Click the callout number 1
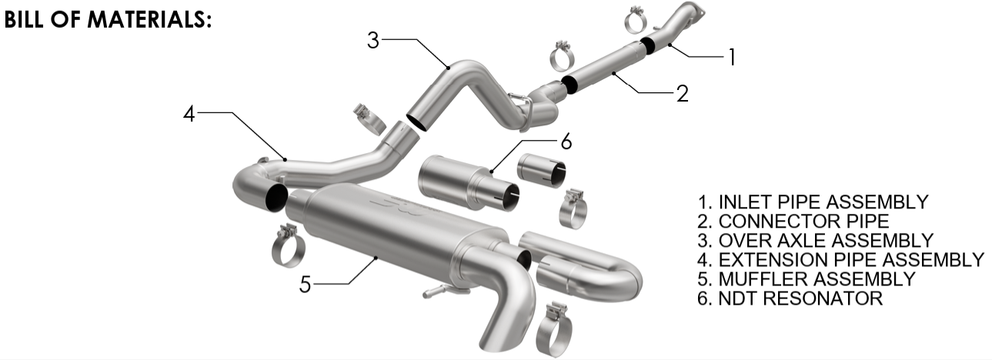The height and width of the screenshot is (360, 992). [x=733, y=57]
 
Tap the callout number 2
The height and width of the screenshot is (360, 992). [x=683, y=93]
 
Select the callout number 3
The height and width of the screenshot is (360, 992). [x=373, y=40]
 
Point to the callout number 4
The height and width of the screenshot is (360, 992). [x=189, y=113]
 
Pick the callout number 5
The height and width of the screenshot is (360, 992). [x=305, y=285]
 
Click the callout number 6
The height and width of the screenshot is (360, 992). [x=566, y=142]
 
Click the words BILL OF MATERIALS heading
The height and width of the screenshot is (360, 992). [x=108, y=19]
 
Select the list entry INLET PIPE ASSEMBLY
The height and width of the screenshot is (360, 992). [x=813, y=202]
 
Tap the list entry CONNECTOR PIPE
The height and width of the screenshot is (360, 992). [x=793, y=221]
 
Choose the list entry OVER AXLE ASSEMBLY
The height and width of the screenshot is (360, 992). [x=815, y=241]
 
